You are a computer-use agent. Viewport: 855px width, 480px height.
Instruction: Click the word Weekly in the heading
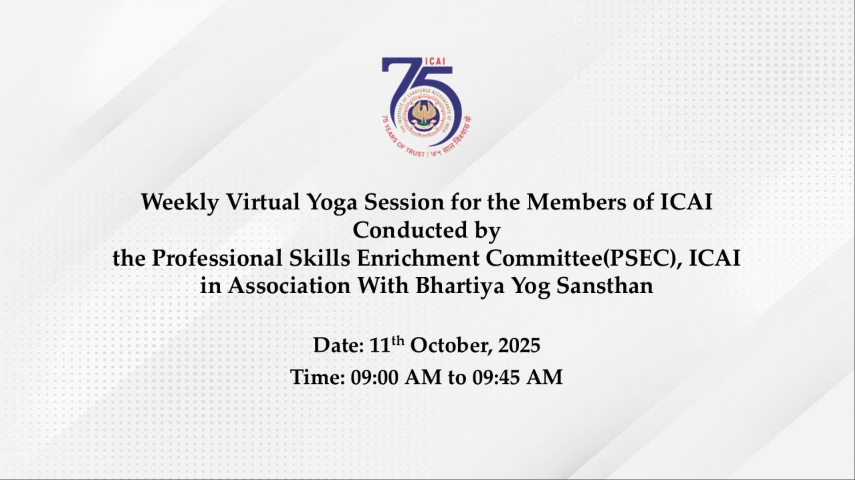coord(180,203)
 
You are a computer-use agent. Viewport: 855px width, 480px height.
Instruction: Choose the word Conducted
coord(410,230)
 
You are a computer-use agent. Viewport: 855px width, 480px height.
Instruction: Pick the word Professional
coord(217,258)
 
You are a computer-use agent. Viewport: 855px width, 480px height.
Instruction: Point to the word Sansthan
coord(604,286)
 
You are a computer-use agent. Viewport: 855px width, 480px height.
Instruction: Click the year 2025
coord(519,345)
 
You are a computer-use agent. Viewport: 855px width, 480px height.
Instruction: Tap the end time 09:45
coord(496,377)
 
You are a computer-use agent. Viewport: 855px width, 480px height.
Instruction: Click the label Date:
coord(338,345)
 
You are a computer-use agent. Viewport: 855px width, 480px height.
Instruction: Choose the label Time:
coord(317,377)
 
